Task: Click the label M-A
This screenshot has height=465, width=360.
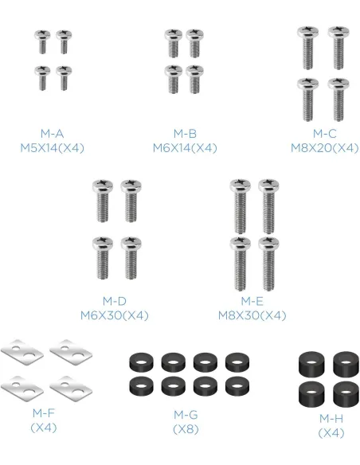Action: (x=53, y=134)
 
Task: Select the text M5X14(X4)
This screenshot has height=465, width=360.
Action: (x=53, y=147)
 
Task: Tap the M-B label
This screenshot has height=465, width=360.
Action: (x=185, y=134)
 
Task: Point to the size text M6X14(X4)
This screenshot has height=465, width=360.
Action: (x=185, y=147)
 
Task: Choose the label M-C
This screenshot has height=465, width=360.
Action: (x=325, y=134)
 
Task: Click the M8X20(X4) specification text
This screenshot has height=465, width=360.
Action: (x=325, y=147)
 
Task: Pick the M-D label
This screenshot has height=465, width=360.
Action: (x=115, y=301)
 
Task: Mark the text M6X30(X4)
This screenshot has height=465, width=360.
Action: (x=115, y=315)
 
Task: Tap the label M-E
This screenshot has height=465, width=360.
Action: (x=252, y=301)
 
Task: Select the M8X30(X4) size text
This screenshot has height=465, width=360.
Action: (x=252, y=315)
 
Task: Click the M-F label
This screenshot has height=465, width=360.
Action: (x=44, y=412)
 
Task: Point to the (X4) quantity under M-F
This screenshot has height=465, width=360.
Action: (x=44, y=428)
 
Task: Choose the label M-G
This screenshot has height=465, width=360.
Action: (x=186, y=415)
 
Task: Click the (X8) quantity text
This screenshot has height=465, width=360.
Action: (x=186, y=429)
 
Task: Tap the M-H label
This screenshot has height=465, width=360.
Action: (x=331, y=419)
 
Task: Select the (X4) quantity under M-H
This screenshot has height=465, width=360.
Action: (x=331, y=433)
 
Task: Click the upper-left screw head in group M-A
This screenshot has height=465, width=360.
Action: (x=41, y=34)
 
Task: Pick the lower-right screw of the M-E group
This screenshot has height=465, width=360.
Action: (x=268, y=264)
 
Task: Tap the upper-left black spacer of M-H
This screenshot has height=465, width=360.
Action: (x=311, y=362)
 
